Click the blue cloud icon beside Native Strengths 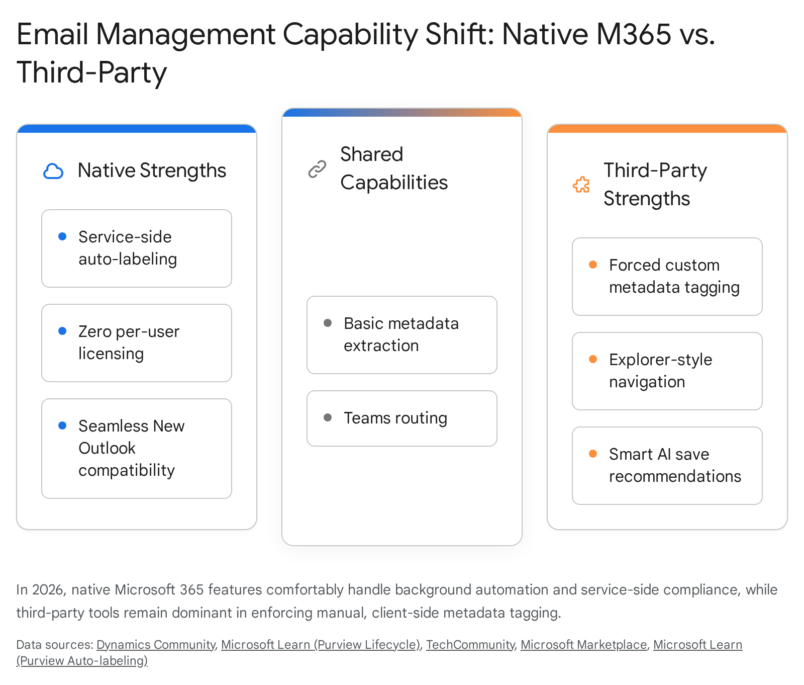(x=53, y=172)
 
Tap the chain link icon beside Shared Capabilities (x=317, y=169)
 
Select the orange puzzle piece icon (x=581, y=185)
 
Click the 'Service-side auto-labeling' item (x=137, y=248)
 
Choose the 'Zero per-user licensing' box (x=137, y=343)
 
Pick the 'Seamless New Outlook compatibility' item (x=137, y=449)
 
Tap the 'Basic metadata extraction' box (x=402, y=335)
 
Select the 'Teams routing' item (x=402, y=418)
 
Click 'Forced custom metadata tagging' (x=667, y=277)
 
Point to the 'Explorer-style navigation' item (x=667, y=371)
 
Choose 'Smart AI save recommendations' (x=667, y=466)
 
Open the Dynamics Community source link (x=156, y=645)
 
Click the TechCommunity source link (x=470, y=645)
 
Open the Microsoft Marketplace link (x=584, y=645)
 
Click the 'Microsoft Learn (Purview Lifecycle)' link (x=321, y=645)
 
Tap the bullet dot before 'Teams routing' (x=328, y=417)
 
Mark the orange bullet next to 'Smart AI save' (x=593, y=454)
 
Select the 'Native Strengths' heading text (x=152, y=170)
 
